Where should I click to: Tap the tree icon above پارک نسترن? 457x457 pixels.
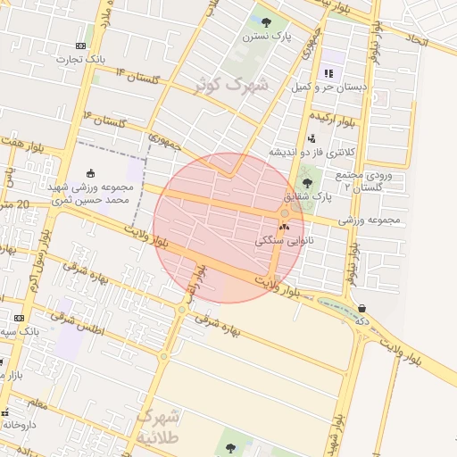265,21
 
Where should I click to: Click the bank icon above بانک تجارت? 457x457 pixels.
81,46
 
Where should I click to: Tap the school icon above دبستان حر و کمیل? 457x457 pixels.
328,72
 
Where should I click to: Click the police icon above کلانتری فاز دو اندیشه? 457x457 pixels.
312,138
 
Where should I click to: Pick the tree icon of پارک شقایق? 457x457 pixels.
307,182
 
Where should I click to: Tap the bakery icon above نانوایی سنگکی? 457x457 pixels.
285,227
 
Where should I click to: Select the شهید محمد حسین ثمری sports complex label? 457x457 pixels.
91,195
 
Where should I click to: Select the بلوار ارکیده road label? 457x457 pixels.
332,117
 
